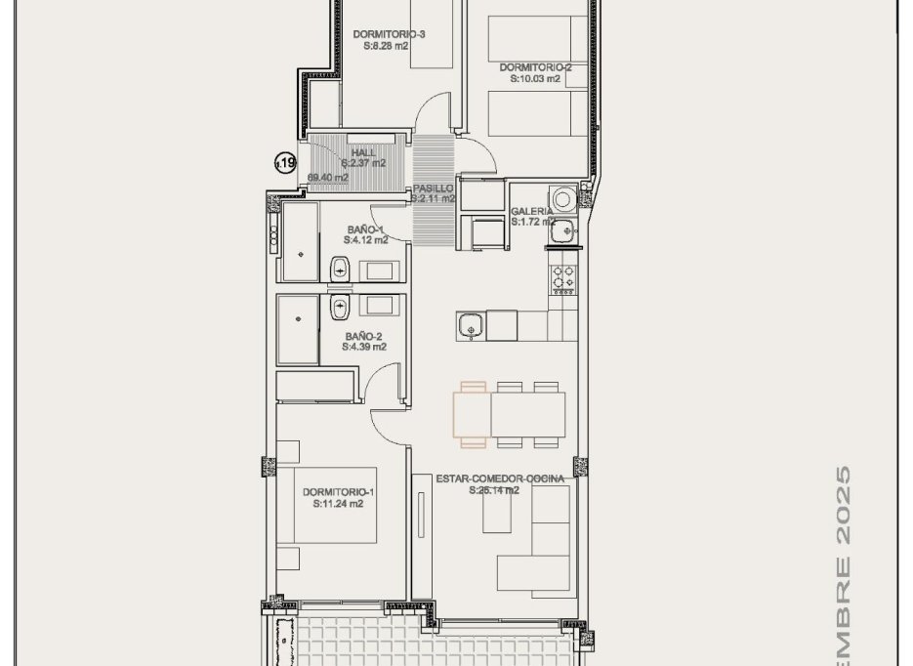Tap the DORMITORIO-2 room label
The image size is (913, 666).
(535, 67)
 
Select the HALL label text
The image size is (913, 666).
(362, 152)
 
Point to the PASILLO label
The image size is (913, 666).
(432, 187)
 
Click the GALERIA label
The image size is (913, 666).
(532, 211)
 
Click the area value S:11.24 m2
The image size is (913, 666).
(339, 505)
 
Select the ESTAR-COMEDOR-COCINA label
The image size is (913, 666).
(500, 479)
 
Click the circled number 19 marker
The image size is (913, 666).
(285, 164)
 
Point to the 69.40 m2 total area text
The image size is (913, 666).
(327, 178)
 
